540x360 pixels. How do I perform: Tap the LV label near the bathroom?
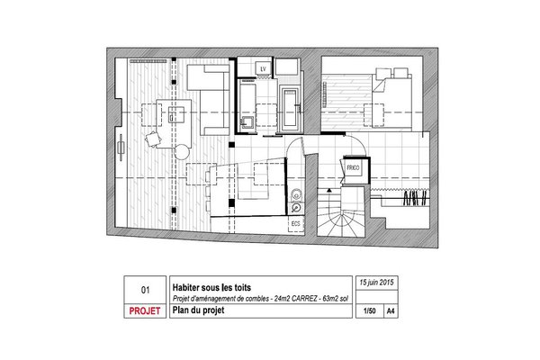click(264, 68)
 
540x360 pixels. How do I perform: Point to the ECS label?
click(294, 222)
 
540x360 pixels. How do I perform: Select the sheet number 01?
click(145, 291)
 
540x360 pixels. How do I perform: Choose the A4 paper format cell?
click(390, 311)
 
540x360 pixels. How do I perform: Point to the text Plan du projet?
click(196, 311)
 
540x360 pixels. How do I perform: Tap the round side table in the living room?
click(183, 151)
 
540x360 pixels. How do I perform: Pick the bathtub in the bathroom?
click(290, 108)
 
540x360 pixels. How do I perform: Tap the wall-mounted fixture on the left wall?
click(120, 144)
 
